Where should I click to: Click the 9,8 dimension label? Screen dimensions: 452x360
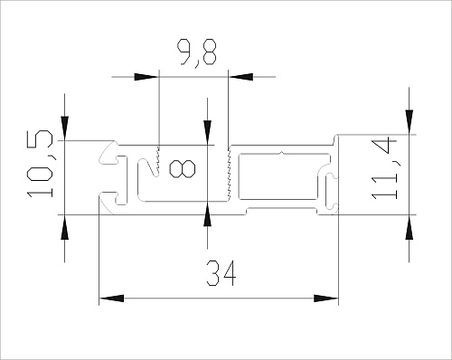click(x=196, y=52)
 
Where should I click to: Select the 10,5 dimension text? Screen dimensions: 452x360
click(x=40, y=164)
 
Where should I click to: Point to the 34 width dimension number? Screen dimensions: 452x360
click(x=221, y=273)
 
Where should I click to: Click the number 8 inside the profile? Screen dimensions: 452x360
click(x=182, y=169)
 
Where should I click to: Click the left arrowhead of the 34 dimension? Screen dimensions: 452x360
click(x=111, y=298)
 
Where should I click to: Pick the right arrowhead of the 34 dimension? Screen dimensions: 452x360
click(x=326, y=298)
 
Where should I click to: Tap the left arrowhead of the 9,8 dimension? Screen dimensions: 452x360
click(x=146, y=77)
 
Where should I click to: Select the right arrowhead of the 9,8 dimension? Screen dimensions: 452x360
click(x=240, y=77)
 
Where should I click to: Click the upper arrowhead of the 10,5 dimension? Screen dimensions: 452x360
click(x=65, y=128)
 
